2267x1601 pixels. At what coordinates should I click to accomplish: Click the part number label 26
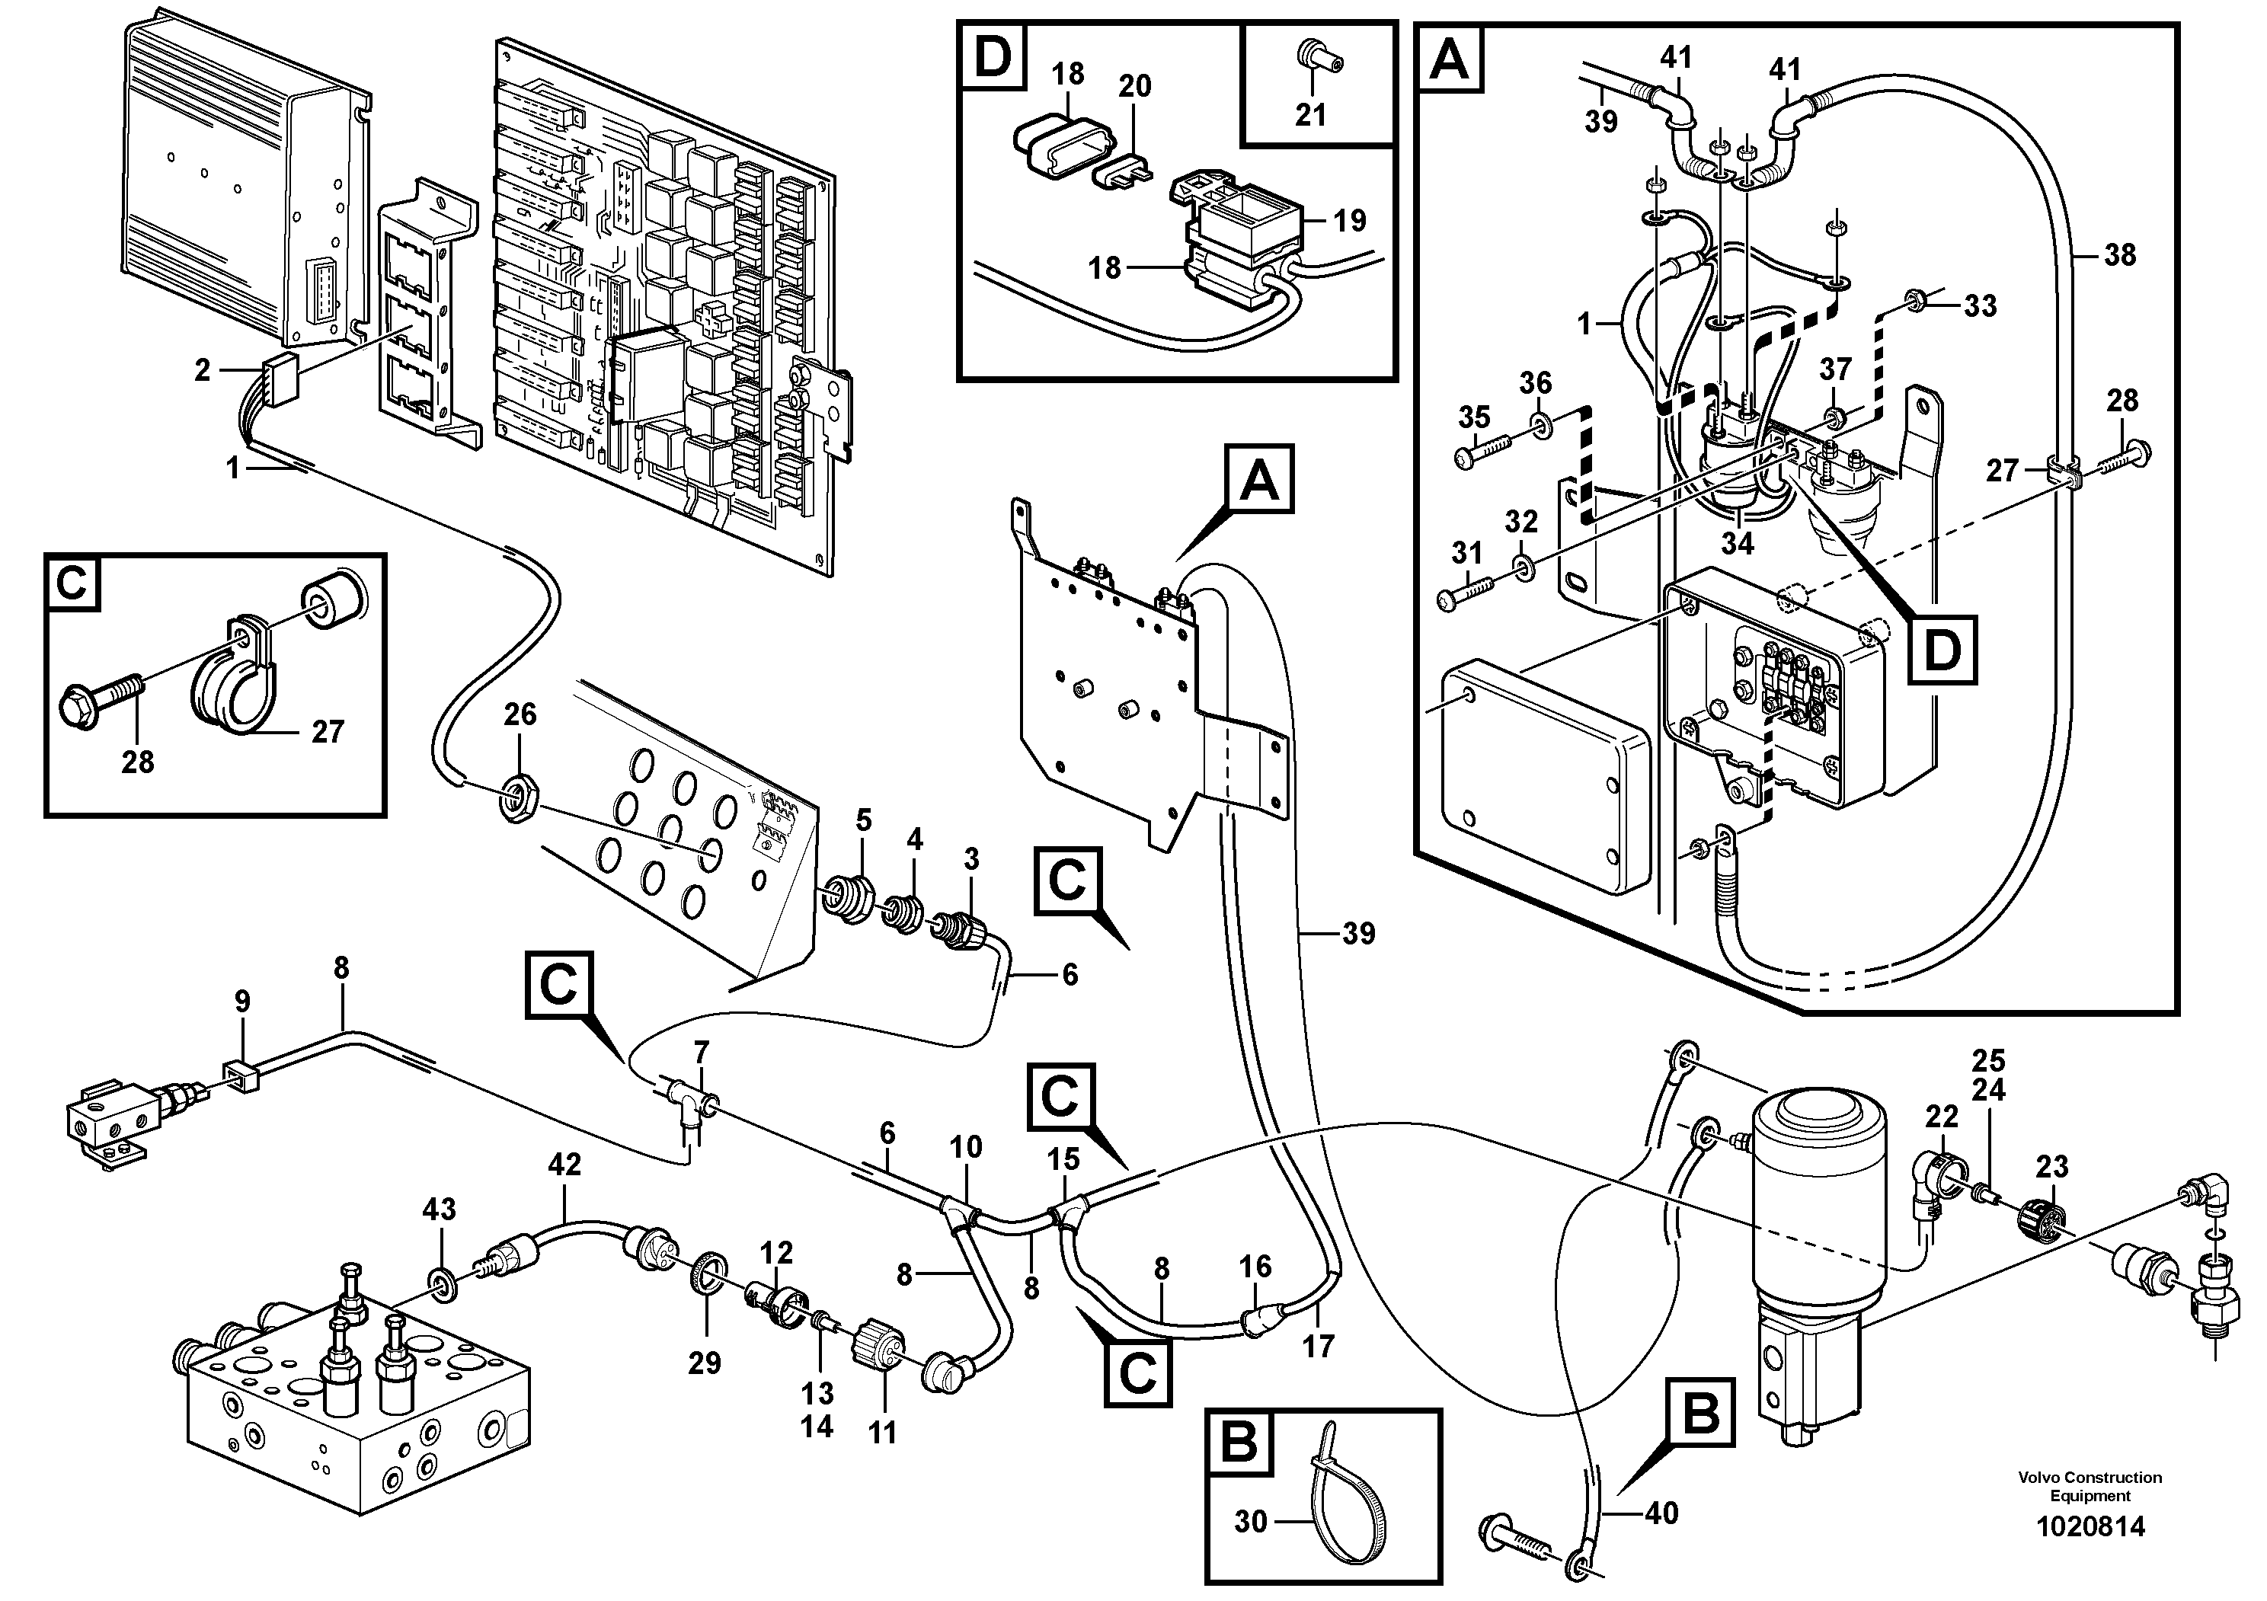point(520,714)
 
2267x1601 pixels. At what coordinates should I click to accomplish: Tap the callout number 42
point(564,1165)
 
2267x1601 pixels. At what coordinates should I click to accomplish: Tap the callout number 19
point(1350,220)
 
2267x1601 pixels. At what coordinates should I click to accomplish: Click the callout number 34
point(1737,543)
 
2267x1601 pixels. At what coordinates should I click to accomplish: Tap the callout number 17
point(1318,1347)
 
